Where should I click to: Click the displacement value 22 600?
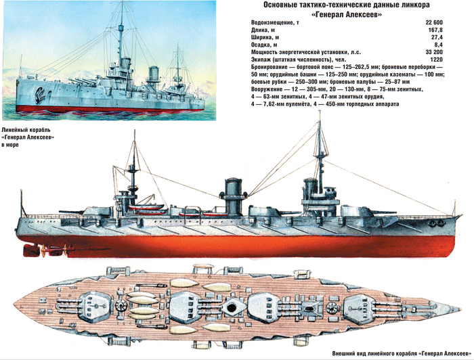(434, 22)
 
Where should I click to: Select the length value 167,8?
(436, 30)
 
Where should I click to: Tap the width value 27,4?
(437, 37)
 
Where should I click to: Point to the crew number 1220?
(437, 60)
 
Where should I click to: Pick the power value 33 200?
(434, 52)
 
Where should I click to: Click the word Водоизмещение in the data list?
(270, 23)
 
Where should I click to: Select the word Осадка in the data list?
(260, 45)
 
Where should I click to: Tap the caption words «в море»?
(10, 145)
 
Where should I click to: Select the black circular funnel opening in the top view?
(232, 308)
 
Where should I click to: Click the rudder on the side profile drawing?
(30, 250)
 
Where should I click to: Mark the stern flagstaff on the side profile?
(22, 203)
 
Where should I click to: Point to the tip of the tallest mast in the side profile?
(320, 111)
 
